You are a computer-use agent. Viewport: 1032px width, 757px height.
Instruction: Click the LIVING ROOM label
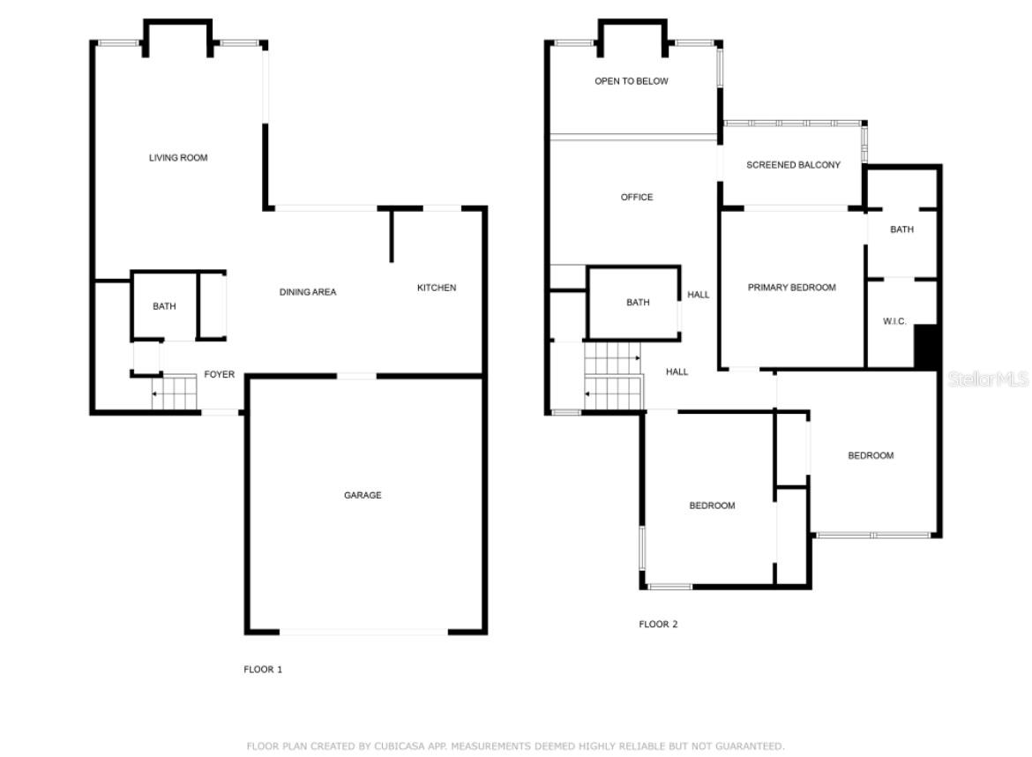click(x=177, y=158)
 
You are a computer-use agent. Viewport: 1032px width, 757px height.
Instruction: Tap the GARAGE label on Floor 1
click(x=363, y=495)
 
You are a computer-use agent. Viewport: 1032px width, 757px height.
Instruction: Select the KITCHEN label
click(x=437, y=288)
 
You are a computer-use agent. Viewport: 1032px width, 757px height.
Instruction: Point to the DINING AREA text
click(x=307, y=292)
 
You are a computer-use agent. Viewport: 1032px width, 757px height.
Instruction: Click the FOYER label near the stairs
click(x=219, y=375)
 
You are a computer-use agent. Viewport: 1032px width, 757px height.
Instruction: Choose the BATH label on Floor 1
click(x=164, y=306)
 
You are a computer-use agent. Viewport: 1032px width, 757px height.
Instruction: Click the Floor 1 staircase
click(x=175, y=393)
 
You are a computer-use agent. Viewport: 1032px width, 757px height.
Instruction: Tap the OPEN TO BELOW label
click(x=632, y=81)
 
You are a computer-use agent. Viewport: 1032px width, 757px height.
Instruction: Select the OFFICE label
click(x=637, y=197)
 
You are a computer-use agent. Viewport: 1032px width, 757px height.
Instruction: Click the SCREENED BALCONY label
click(x=793, y=165)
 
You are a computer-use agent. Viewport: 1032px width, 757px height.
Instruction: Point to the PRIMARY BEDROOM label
click(x=792, y=288)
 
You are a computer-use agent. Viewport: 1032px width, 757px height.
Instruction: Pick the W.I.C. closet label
click(x=894, y=321)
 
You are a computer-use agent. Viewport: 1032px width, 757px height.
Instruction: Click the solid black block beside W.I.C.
click(x=926, y=346)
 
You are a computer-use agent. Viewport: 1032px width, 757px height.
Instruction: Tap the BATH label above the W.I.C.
click(x=901, y=229)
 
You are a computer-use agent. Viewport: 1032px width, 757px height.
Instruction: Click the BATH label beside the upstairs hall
click(x=638, y=302)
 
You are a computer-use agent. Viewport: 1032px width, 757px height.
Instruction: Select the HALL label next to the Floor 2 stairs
click(x=677, y=372)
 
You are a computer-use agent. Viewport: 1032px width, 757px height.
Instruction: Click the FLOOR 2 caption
click(x=658, y=624)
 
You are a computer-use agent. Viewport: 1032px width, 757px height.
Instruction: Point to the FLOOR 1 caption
click(x=263, y=670)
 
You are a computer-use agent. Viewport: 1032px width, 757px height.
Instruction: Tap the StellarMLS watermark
click(x=988, y=378)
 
